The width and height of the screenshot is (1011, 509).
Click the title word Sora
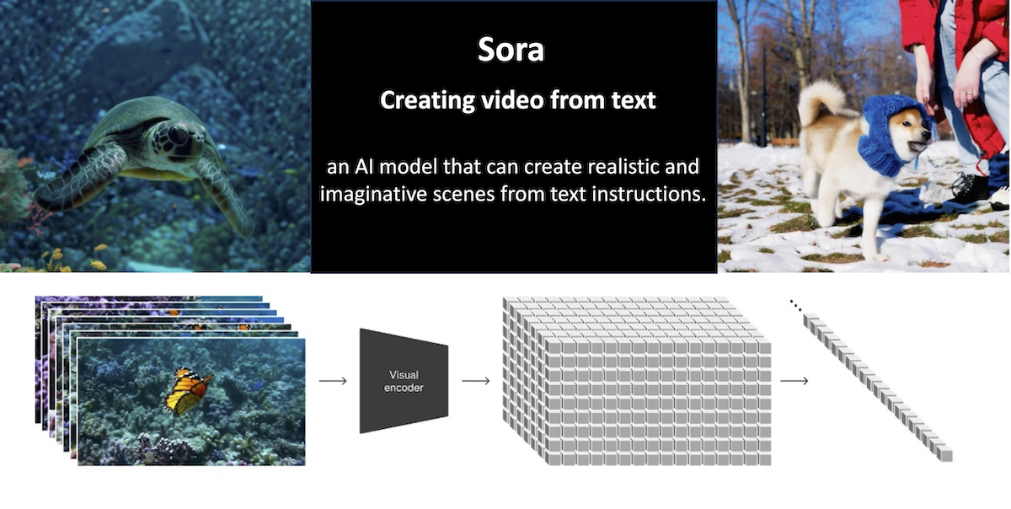[x=511, y=51]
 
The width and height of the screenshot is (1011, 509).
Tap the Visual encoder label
[x=404, y=381]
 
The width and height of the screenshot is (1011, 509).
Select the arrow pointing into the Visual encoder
[x=333, y=381]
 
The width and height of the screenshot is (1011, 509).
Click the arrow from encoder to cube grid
[x=476, y=381]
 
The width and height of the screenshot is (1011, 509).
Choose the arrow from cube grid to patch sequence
[x=794, y=381]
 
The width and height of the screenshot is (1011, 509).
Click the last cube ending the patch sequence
[x=946, y=455]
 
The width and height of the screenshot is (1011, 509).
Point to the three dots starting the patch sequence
[x=795, y=305]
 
